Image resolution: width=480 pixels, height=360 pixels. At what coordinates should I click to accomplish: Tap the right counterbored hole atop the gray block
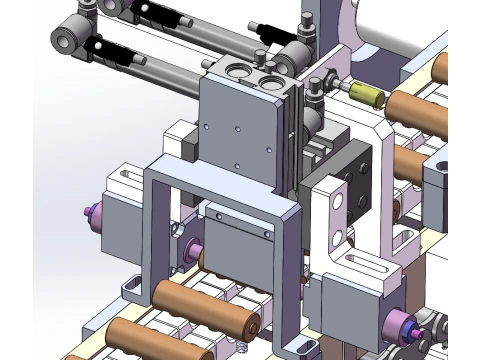[270, 75]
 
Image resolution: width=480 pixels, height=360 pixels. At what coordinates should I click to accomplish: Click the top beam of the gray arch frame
[220, 184]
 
